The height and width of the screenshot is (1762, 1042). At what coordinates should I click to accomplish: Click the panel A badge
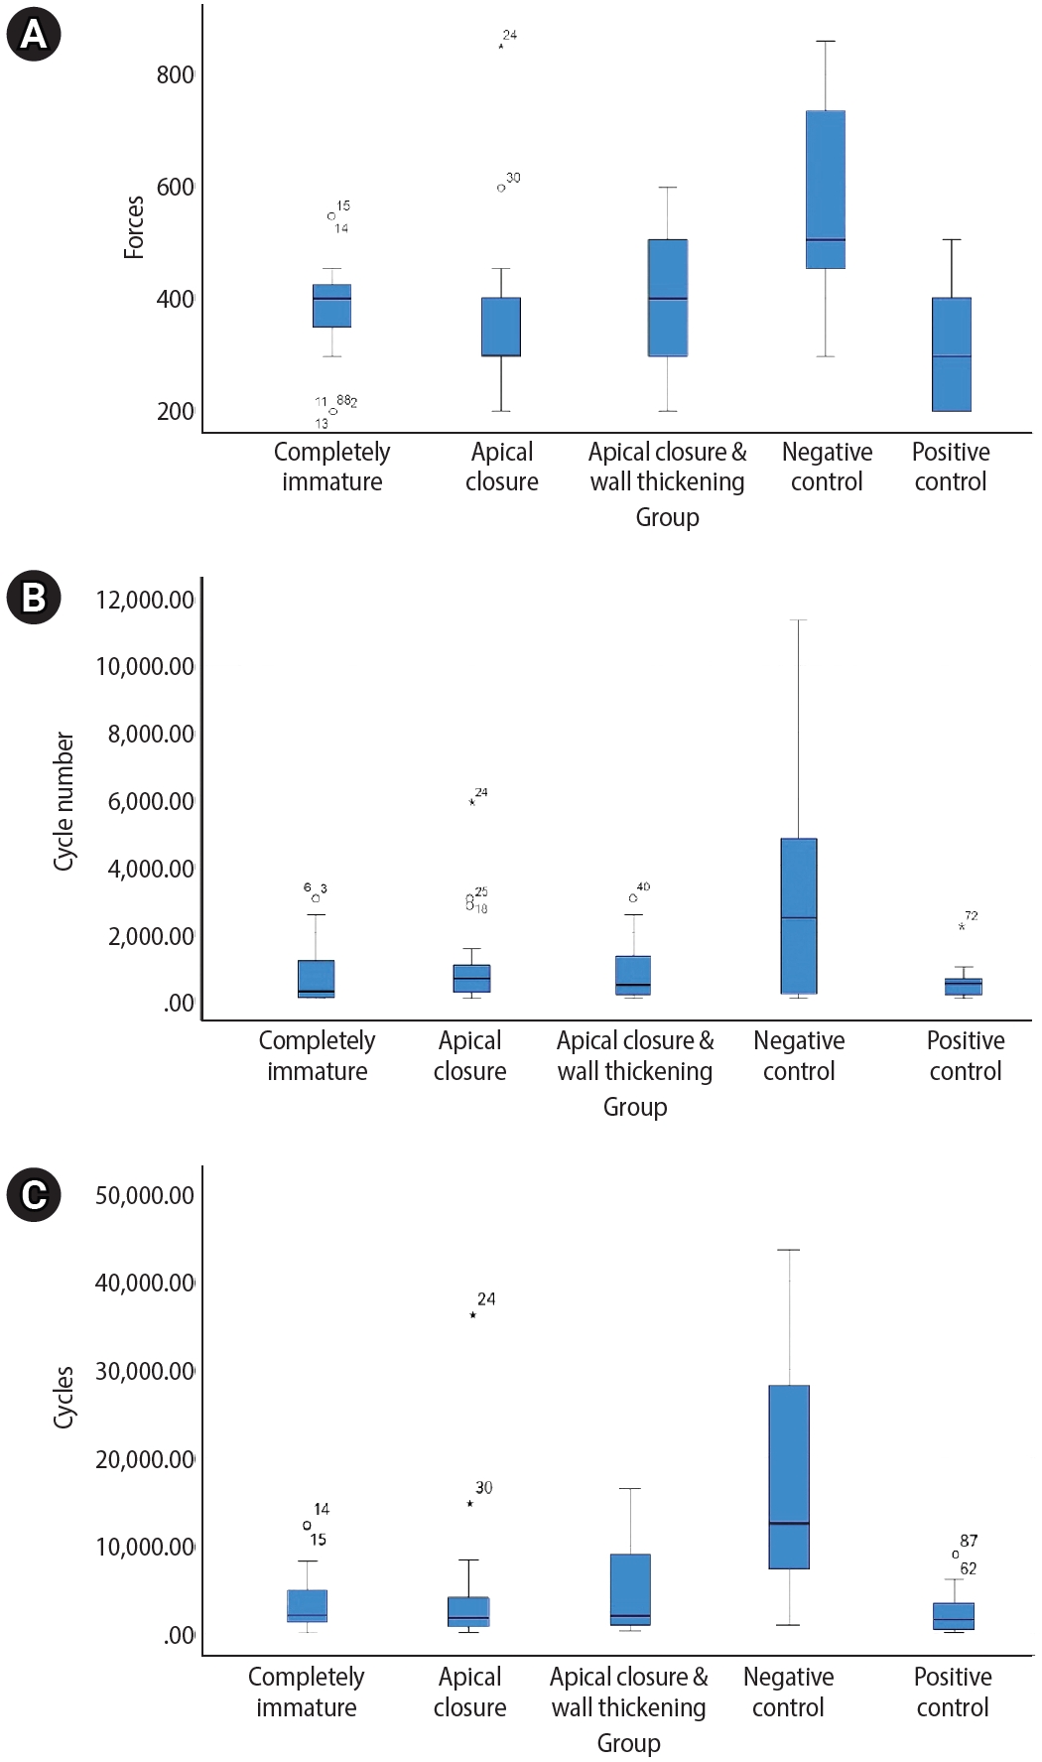click(x=33, y=35)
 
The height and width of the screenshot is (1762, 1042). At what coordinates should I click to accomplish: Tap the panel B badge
click(x=33, y=598)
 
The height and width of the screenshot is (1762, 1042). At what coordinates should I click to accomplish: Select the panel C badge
click(x=33, y=1193)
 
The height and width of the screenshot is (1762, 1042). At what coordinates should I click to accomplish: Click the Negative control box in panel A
click(x=825, y=190)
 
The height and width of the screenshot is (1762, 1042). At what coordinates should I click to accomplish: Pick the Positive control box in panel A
click(x=951, y=354)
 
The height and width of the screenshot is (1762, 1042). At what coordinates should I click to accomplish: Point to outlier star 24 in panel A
click(x=501, y=46)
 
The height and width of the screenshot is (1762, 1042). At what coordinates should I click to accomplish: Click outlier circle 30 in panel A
click(x=501, y=188)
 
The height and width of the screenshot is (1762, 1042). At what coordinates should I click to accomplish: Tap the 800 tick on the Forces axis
click(x=175, y=75)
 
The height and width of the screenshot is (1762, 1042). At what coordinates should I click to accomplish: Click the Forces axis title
click(x=134, y=227)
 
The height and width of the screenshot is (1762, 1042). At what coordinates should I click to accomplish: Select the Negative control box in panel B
click(x=799, y=915)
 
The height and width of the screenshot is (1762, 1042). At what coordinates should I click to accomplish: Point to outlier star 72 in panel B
click(x=962, y=927)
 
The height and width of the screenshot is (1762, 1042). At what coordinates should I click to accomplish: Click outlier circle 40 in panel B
click(x=633, y=898)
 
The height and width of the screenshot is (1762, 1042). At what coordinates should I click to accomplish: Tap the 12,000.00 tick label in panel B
click(x=145, y=600)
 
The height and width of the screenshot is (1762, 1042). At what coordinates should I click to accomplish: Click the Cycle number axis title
click(x=64, y=802)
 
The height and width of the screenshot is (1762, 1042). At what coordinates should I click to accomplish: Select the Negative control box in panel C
click(x=789, y=1476)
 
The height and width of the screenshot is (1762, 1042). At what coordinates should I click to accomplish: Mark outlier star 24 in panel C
click(x=473, y=1315)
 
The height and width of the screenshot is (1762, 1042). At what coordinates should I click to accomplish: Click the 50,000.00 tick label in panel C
click(x=145, y=1195)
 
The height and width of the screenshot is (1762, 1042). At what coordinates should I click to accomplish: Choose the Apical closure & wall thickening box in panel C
click(x=630, y=1588)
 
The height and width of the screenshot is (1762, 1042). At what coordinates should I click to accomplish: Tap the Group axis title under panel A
click(x=667, y=517)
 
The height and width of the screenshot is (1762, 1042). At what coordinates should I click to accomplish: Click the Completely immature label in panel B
click(x=317, y=1055)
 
